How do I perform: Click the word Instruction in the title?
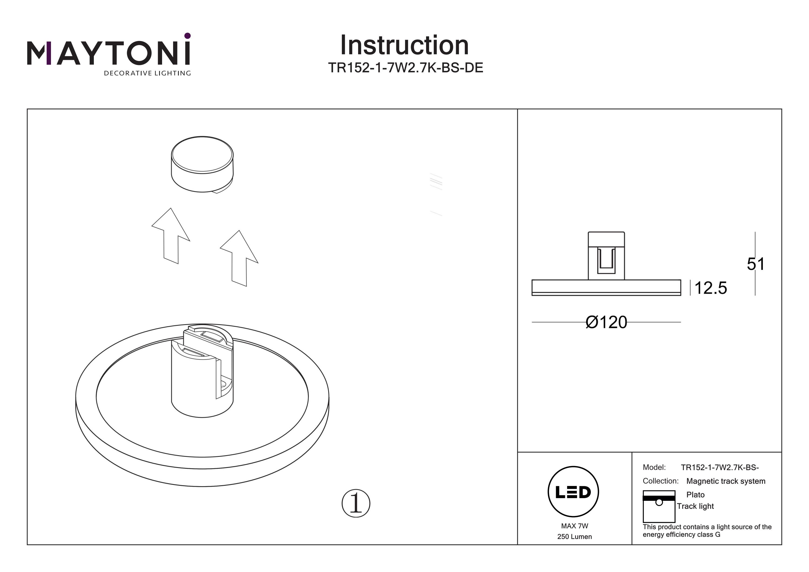coord(404,46)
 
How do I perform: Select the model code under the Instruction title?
coord(405,68)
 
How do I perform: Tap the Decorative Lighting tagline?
coord(147,73)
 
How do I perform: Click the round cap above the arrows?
coord(202,165)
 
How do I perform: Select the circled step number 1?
coord(356,503)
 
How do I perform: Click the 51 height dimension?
coord(755,264)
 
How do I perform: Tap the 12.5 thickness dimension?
coord(710,288)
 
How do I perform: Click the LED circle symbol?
coord(573,492)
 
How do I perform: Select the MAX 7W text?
coord(574,526)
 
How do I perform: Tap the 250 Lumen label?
coord(574,537)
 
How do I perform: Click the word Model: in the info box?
coord(654,467)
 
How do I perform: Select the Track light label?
coord(695,506)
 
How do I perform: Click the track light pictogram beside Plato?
coord(659,506)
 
